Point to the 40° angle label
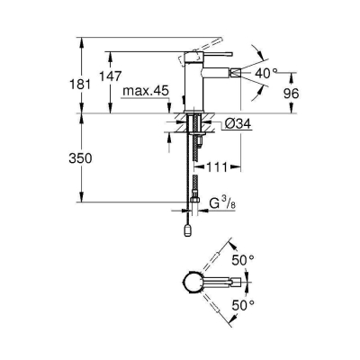[x=267, y=73]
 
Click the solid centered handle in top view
[x=216, y=282]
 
